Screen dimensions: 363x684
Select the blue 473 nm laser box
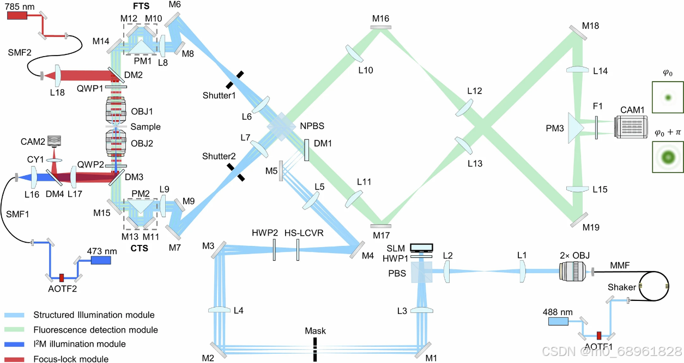click(101, 260)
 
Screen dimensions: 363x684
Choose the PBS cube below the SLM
click(422, 272)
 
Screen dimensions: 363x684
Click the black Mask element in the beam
click(314, 348)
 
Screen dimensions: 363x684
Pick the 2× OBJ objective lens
click(572, 270)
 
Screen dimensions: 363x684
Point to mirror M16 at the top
click(380, 27)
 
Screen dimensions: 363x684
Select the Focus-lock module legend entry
click(71, 359)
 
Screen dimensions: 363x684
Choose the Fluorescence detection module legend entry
click(95, 330)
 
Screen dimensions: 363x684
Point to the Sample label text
click(146, 126)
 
